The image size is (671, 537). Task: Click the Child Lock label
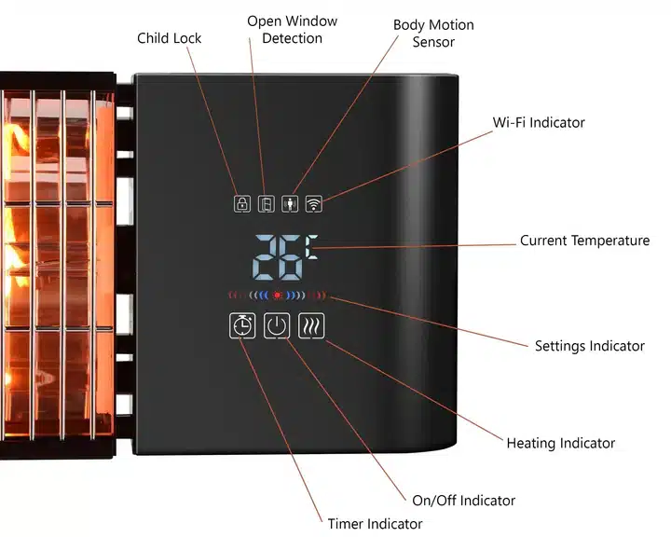169,38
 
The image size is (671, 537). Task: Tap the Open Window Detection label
292,29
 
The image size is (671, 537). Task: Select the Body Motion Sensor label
432,33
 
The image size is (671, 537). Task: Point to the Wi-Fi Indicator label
539,122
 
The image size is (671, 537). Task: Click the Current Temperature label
584,241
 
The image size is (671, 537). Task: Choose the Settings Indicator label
589,346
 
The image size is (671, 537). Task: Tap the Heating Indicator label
560,443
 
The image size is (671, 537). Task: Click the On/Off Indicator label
463,501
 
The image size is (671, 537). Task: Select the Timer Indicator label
375,524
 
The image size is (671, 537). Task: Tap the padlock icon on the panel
242,203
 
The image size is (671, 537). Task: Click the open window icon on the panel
266,203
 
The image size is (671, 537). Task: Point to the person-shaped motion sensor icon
290,203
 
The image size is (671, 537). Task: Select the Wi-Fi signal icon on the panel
314,203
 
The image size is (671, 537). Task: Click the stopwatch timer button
242,325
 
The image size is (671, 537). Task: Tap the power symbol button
277,325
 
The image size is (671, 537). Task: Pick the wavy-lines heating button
311,325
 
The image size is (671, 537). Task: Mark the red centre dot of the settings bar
277,296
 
